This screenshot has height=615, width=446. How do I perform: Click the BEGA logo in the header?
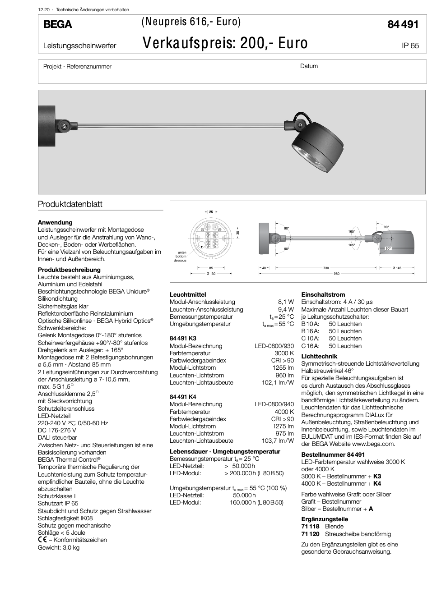(57, 24)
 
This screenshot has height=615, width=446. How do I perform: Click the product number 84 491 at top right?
(403, 24)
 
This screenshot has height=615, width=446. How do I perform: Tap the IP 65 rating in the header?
(410, 46)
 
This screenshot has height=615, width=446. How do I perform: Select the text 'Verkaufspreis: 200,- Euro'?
(225, 43)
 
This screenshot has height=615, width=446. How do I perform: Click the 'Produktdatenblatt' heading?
(70, 204)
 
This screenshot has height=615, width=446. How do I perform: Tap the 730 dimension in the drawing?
(326, 268)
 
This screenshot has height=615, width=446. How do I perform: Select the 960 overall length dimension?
(336, 274)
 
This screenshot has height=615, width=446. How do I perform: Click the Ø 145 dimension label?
(397, 268)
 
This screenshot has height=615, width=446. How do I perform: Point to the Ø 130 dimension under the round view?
(211, 274)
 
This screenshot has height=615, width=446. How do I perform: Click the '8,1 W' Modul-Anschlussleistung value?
(286, 302)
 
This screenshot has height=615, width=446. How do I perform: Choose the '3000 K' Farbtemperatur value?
(284, 353)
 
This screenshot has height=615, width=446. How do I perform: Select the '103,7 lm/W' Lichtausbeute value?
(278, 441)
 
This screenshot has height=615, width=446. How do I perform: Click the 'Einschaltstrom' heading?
(323, 294)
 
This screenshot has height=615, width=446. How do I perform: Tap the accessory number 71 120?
(310, 534)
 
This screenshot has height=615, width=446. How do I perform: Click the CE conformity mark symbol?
(42, 540)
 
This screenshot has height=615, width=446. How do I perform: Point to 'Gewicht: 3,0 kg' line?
(59, 547)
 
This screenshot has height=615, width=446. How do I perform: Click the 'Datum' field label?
(309, 66)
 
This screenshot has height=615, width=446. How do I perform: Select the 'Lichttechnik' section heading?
(319, 356)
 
